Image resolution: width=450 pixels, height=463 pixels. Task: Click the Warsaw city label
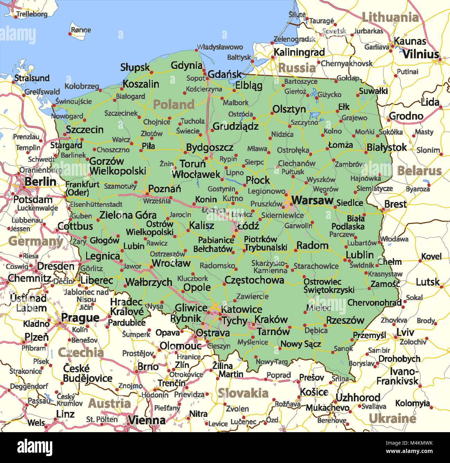point(312,200)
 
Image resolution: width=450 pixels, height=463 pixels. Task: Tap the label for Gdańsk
point(225,74)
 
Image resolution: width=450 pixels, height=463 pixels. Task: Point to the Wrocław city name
point(171,263)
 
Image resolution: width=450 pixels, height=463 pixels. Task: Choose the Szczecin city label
point(84,130)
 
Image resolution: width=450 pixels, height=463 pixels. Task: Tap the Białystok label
point(387,147)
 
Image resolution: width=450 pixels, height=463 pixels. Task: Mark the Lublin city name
point(360,255)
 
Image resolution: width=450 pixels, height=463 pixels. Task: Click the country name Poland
point(174,104)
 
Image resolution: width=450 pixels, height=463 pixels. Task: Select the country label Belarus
point(419,171)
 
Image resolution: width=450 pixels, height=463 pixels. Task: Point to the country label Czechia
point(81,352)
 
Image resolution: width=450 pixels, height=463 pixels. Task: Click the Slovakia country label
point(243,393)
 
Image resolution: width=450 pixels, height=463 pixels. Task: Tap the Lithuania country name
point(390,17)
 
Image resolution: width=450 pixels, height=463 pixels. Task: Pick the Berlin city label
point(40,181)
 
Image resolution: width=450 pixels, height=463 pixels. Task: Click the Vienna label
point(147,420)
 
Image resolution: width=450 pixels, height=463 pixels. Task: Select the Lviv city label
point(405,332)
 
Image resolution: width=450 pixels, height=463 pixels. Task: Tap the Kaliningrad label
point(299,52)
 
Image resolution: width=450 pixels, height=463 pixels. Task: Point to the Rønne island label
point(81,30)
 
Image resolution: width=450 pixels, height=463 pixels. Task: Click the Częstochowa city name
point(254,280)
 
